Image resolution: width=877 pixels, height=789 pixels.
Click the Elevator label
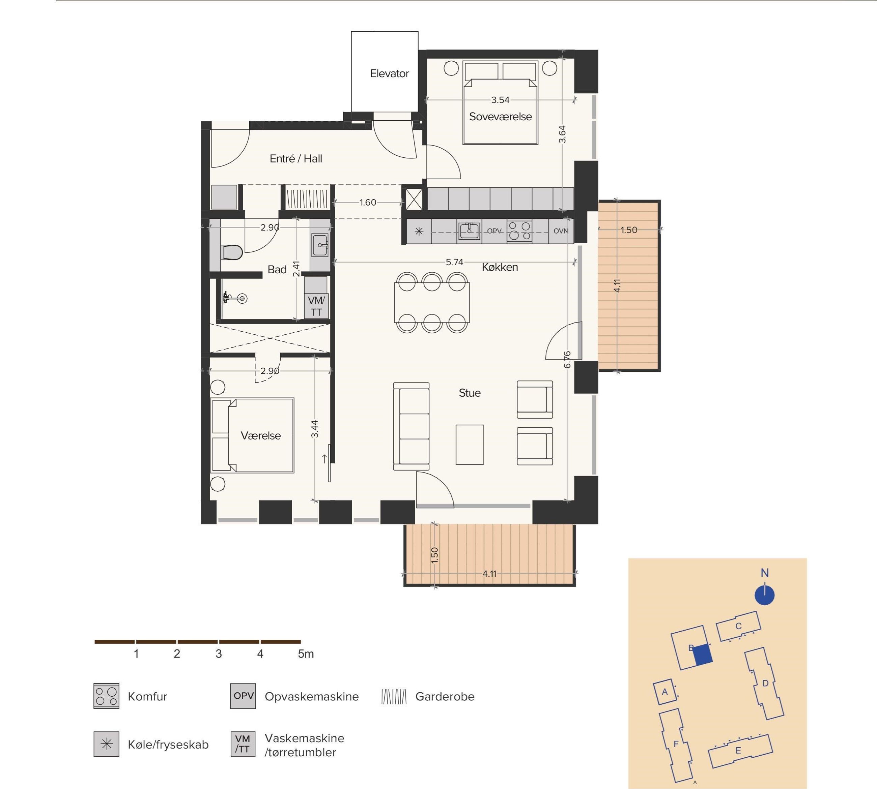tap(389, 74)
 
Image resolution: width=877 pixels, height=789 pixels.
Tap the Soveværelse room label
tap(500, 117)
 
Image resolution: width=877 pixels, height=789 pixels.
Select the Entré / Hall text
tap(296, 159)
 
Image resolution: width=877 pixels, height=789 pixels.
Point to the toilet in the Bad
tap(232, 252)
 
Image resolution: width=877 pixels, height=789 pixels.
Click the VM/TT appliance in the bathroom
tap(316, 306)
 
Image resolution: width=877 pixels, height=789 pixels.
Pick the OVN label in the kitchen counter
tap(561, 231)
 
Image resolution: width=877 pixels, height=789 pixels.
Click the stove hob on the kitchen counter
tap(519, 231)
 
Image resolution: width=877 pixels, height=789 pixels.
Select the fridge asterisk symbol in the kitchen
tap(419, 231)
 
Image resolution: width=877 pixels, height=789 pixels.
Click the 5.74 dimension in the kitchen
tap(454, 262)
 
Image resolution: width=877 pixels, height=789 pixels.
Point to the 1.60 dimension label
tap(368, 203)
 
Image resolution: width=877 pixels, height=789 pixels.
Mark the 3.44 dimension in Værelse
tap(315, 429)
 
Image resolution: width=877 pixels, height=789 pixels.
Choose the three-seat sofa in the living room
tap(411, 426)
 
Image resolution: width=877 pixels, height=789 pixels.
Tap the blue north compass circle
tap(765, 595)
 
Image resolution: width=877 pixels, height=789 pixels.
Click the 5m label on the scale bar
tap(306, 654)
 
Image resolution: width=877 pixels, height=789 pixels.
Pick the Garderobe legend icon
tap(394, 697)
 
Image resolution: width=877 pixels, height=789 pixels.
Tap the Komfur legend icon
tap(106, 696)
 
